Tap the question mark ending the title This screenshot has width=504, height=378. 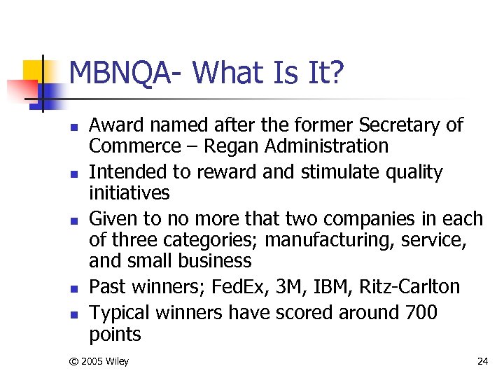(x=337, y=73)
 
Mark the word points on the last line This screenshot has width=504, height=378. (x=115, y=335)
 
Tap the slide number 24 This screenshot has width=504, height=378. (x=482, y=361)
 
